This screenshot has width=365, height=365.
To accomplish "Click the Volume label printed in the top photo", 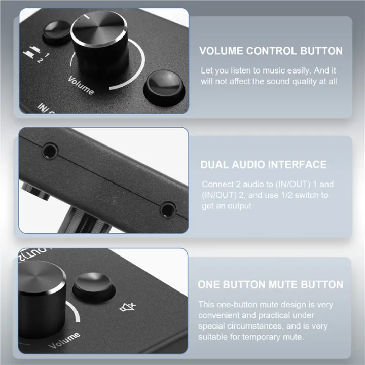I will tap(81, 85).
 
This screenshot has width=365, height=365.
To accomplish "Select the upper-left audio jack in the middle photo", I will tap(49, 151).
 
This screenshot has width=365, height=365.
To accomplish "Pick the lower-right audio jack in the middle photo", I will tap(167, 209).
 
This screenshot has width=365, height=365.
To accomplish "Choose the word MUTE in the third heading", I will tap(281, 284).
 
